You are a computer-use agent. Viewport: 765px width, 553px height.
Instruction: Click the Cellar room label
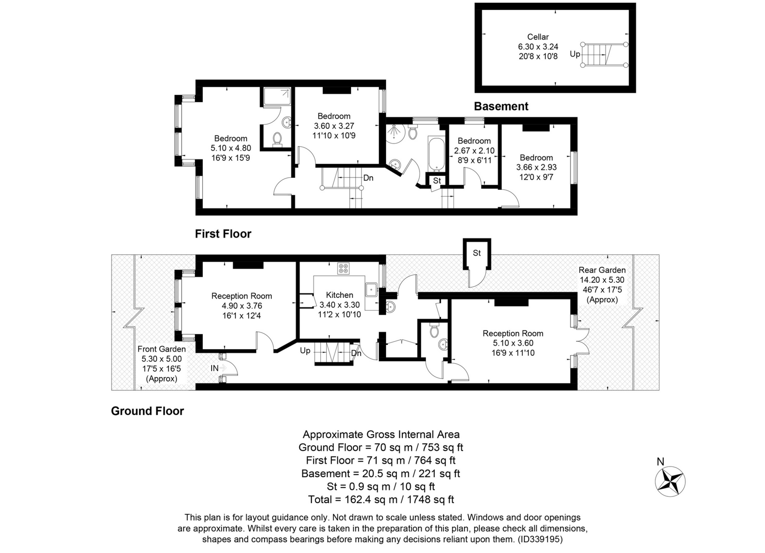(538, 37)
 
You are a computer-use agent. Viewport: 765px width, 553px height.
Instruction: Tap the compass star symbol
(670, 481)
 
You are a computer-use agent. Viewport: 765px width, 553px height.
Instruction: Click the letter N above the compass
(661, 461)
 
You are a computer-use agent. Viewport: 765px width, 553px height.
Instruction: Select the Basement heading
(501, 106)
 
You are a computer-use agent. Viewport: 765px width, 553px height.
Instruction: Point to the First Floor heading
(223, 234)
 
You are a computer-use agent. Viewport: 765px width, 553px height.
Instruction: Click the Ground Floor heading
(147, 411)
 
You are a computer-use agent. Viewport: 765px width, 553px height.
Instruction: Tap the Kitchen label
(339, 295)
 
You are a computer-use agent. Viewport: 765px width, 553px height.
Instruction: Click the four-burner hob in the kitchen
(343, 269)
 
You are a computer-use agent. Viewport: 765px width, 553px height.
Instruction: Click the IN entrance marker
(214, 368)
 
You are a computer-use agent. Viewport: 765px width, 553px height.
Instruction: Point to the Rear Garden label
(602, 270)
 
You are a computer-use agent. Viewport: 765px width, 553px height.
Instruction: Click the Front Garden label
(161, 349)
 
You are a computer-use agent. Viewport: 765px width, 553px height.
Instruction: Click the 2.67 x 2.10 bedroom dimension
(474, 151)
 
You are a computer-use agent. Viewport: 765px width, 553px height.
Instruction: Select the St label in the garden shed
(477, 253)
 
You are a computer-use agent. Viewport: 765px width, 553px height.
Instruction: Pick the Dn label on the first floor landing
(368, 178)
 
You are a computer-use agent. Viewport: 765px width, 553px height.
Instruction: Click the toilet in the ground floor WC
(434, 331)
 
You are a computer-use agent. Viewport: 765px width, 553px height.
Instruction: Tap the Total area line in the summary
(381, 500)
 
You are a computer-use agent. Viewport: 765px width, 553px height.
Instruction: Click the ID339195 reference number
(540, 539)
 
